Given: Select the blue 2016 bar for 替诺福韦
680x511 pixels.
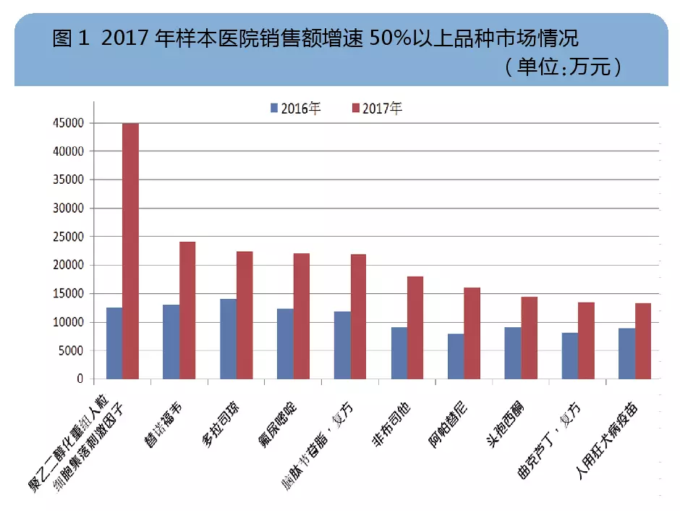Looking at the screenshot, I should [171, 342].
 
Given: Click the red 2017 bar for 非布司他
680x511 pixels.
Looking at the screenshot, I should [415, 327].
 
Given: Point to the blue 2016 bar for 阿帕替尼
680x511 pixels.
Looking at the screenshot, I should [456, 356].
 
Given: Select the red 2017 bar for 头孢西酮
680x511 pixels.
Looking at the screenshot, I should [529, 337].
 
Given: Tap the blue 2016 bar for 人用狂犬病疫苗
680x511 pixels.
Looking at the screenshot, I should [626, 353].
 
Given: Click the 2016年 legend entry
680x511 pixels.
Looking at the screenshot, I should [295, 108].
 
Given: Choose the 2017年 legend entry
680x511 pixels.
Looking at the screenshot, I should [377, 108].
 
